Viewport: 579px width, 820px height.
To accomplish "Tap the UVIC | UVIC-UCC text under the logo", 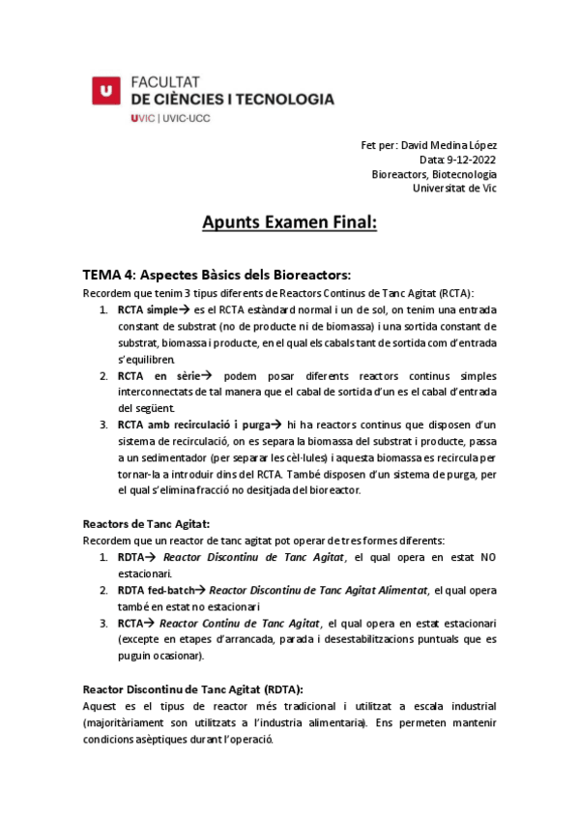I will (x=169, y=118).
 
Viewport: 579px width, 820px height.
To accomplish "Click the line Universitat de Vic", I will (x=454, y=189).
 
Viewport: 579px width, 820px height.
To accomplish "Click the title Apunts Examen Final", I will (x=289, y=224).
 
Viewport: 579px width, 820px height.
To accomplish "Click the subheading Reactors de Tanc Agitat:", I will (x=145, y=523).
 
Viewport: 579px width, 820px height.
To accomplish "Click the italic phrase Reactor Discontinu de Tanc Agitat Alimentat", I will (x=318, y=590).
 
